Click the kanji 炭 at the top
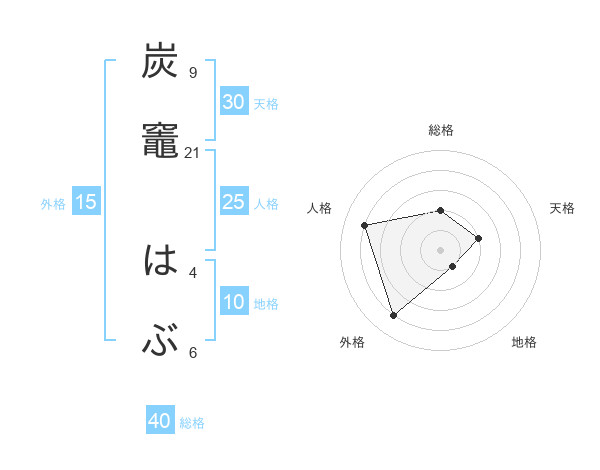[x=160, y=62]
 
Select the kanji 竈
[x=160, y=141]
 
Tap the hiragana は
[x=160, y=262]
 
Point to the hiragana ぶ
[x=160, y=342]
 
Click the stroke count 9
[x=192, y=72]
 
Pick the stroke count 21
[x=193, y=152]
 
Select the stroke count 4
[x=192, y=272]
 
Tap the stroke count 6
[x=192, y=352]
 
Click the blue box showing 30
[x=233, y=102]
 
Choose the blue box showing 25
[x=233, y=202]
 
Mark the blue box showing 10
[x=233, y=302]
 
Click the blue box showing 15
[x=86, y=202]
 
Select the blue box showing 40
[x=159, y=422]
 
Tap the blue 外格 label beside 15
[x=53, y=203]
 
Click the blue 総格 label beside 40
[x=192, y=423]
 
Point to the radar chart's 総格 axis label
[x=440, y=130]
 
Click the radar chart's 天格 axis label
[x=563, y=208]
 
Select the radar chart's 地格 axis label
[x=524, y=342]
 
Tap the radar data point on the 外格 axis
[x=393, y=315]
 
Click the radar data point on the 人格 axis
[x=365, y=224]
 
